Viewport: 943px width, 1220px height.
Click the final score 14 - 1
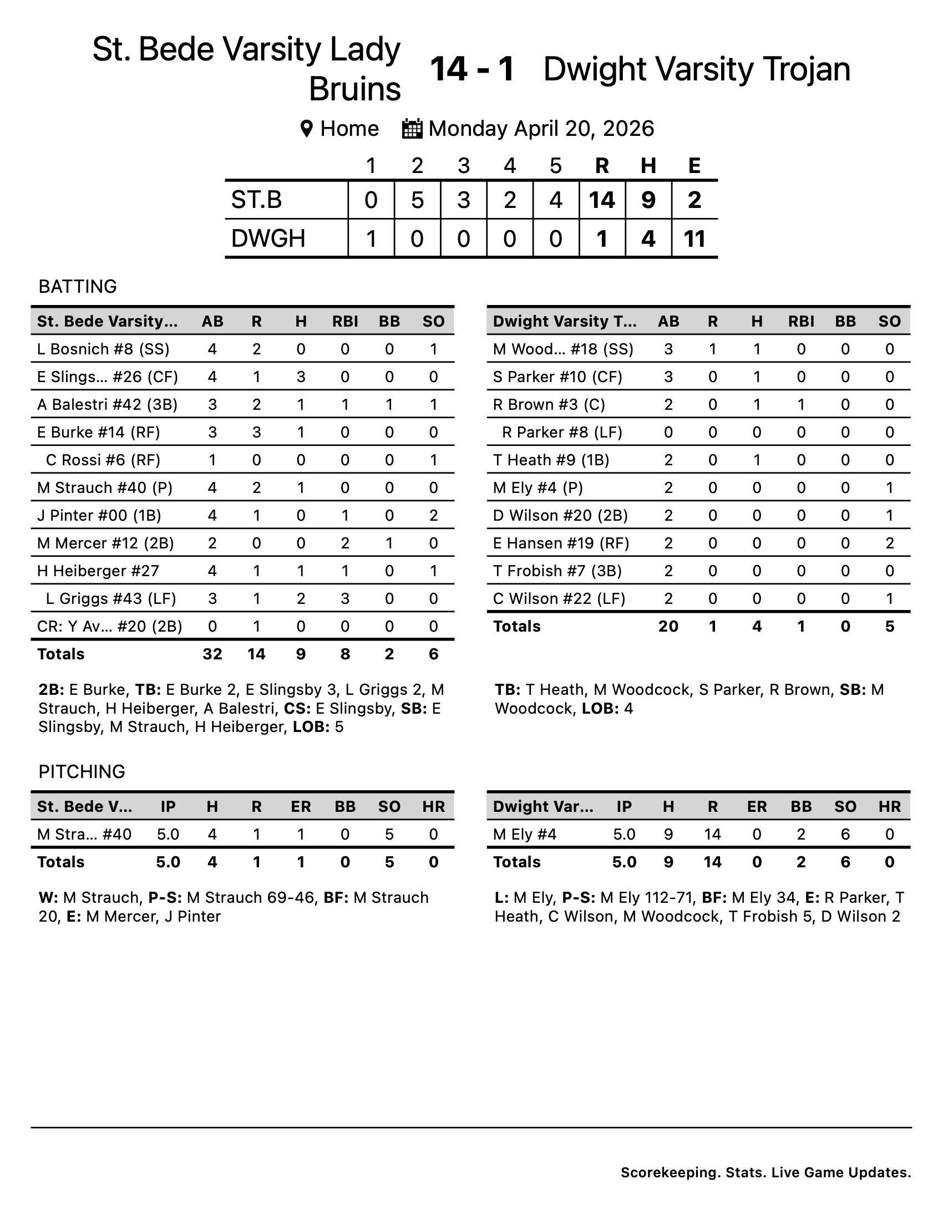coord(472,69)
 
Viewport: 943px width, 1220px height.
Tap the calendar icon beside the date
coord(413,129)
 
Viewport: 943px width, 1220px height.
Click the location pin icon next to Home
coord(306,129)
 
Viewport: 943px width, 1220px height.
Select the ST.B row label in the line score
coord(257,200)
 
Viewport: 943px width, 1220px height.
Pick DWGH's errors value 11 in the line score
coord(694,239)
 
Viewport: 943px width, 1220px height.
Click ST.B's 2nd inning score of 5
coord(417,200)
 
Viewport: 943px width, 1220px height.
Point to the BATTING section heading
coord(78,286)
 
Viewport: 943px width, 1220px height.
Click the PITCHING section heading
coord(82,771)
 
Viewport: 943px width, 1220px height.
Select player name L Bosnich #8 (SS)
coord(103,349)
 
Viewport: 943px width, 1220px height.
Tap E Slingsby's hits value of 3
coord(301,377)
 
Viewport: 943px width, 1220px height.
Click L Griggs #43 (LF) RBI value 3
coord(344,599)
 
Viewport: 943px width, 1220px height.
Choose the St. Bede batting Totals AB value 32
coord(212,654)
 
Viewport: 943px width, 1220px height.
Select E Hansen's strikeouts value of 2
coord(889,543)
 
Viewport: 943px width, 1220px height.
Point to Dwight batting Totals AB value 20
coord(668,626)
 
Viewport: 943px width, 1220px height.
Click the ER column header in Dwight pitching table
coord(757,807)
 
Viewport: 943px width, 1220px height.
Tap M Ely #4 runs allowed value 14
coord(712,835)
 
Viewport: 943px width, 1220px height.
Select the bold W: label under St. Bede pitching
coord(48,898)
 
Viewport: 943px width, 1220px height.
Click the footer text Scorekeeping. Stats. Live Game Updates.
coord(765,1172)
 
